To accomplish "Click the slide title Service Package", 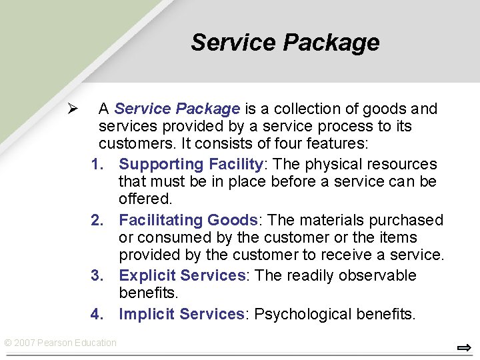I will coord(285,43).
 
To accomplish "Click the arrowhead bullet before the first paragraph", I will coord(73,109).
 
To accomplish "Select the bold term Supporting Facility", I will coord(191,164).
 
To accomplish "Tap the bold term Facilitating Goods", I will coord(188,220).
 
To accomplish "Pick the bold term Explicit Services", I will coord(182,276).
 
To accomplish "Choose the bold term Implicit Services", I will coord(182,314).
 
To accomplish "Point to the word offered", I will coord(145,199).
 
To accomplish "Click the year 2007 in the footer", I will coord(24,343).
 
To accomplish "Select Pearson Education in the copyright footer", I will coord(77,343).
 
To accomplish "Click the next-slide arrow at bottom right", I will coord(464,348).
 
